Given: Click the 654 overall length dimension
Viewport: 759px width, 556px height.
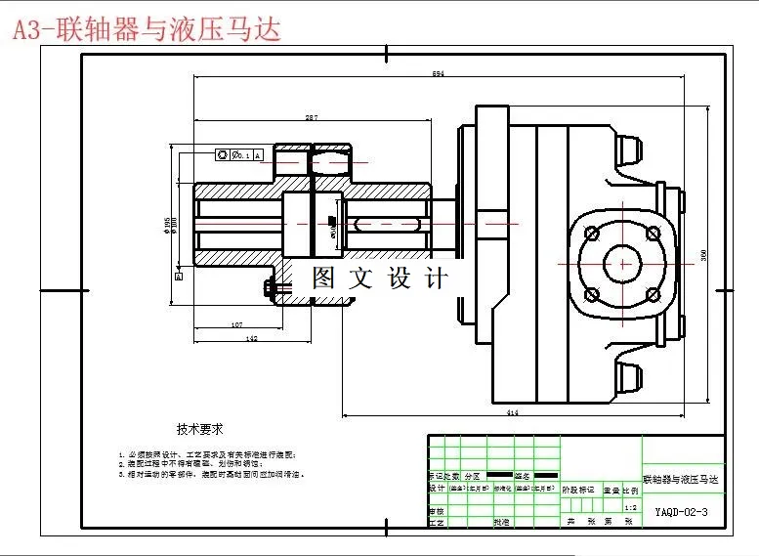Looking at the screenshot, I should click(x=438, y=74).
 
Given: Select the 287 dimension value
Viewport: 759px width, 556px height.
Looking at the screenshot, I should click(x=311, y=117).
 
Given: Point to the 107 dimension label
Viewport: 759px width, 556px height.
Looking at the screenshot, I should click(x=236, y=323).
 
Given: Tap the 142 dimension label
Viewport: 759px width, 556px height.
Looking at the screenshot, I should click(x=251, y=338).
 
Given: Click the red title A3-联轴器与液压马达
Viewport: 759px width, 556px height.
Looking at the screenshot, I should click(x=147, y=30).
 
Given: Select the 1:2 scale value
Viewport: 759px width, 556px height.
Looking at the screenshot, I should click(x=630, y=508).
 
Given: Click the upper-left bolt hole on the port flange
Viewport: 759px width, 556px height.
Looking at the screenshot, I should click(x=591, y=233).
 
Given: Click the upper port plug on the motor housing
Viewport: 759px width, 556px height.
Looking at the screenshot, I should click(x=625, y=149).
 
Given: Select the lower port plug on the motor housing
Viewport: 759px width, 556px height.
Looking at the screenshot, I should click(x=625, y=373).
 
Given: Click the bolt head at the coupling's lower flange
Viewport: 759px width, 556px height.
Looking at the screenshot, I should click(x=269, y=287).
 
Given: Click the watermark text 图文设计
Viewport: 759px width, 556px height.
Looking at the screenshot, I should click(x=379, y=278).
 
